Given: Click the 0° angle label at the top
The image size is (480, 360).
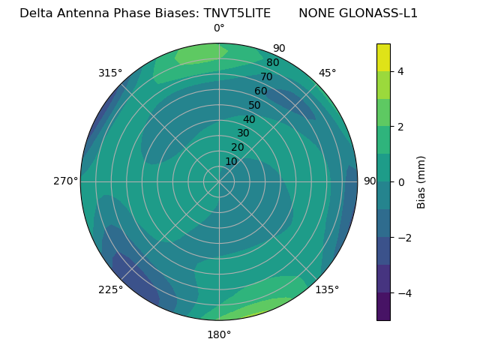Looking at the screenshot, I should coord(219,28).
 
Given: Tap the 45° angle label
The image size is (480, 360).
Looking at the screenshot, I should coord(328,73).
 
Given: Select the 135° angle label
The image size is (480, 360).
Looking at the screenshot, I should coord(327,289).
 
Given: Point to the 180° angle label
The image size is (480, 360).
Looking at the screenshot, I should coord(219,334).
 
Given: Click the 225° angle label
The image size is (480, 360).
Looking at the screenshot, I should coord(110,290).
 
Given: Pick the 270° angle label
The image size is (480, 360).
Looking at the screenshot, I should coord(66,181).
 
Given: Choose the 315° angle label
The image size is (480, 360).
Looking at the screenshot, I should coord(110,73).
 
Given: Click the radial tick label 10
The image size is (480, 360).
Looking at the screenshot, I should coord(231,161).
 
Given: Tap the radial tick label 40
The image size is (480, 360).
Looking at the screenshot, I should coord(249,119).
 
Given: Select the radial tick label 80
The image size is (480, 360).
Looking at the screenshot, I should coord(272,62).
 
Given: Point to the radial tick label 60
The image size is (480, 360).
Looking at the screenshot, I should coord(260,91).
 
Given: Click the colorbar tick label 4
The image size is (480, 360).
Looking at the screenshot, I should coord(400,71).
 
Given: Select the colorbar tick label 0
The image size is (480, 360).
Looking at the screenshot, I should coord(400,181).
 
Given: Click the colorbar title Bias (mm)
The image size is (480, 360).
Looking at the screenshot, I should coord(421,181).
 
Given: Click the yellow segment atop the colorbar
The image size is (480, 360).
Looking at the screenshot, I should coord(383,57).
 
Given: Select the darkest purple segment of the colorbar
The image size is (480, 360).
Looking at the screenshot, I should coord(383,306).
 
